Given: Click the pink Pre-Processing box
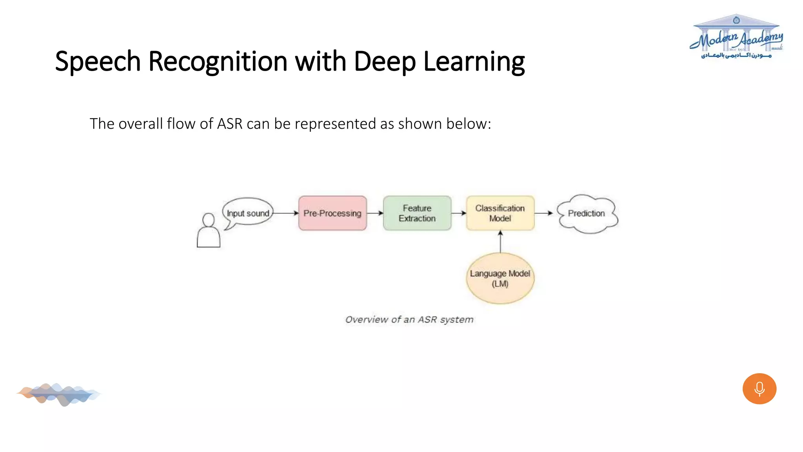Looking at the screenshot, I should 332,213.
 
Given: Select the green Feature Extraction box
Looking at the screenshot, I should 417,213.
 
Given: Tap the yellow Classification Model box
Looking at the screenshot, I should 500,213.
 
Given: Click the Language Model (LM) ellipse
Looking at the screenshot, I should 500,278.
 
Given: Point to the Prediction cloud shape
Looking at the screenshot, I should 587,213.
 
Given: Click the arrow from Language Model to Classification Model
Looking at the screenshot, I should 500,241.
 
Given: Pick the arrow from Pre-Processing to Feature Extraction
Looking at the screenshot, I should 375,213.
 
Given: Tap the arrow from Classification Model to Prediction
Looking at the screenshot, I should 544,213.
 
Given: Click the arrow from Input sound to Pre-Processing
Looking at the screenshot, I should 285,213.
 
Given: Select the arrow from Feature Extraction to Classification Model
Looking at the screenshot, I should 459,213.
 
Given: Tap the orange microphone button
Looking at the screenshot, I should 759,388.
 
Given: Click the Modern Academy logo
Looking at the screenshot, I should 736,37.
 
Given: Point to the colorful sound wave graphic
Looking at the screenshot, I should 59,394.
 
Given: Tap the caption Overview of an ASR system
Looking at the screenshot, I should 409,320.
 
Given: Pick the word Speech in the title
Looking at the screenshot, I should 98,62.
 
